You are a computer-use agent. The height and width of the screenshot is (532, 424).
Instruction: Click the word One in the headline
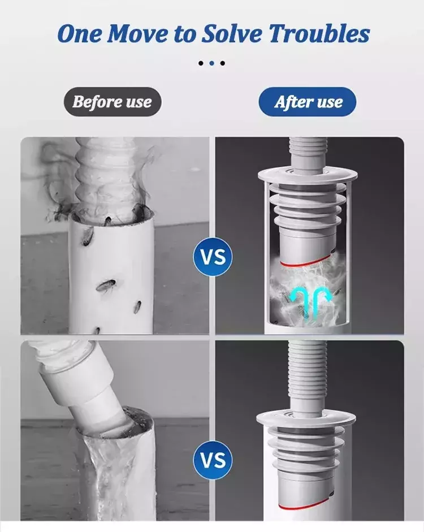click(79, 34)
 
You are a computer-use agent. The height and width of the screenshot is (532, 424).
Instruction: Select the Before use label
click(113, 102)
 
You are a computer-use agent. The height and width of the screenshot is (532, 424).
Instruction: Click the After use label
click(308, 102)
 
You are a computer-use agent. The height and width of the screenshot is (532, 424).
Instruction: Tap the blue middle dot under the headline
click(211, 63)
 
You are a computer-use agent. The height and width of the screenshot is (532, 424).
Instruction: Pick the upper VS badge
click(213, 257)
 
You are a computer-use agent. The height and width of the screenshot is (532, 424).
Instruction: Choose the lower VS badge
click(213, 460)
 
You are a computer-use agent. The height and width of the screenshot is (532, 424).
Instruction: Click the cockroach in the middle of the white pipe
click(106, 285)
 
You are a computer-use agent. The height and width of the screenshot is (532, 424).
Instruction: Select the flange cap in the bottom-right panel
click(306, 420)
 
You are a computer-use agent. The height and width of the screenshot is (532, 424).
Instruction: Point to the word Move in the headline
click(138, 34)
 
